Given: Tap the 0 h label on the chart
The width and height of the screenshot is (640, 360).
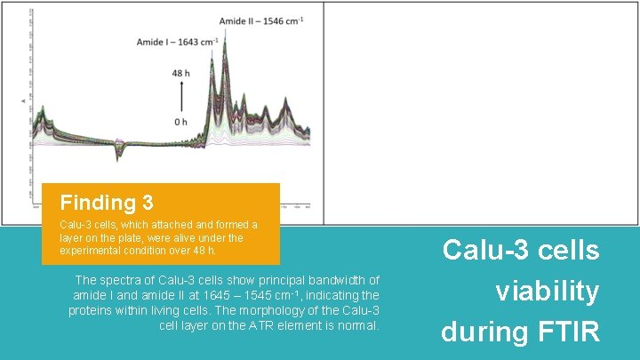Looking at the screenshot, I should pyautogui.click(x=180, y=121).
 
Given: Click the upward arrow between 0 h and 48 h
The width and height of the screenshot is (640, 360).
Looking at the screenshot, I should pyautogui.click(x=181, y=96).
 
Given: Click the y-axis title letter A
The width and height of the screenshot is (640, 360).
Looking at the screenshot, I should pyautogui.click(x=24, y=102).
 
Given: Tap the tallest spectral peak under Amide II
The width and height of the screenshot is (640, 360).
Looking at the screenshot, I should pyautogui.click(x=229, y=40).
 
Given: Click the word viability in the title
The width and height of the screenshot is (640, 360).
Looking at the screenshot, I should pyautogui.click(x=547, y=291).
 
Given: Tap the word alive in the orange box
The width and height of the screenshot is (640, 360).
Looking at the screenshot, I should pyautogui.click(x=204, y=238).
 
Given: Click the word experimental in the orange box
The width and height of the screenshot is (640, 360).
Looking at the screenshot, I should pyautogui.click(x=91, y=251).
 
